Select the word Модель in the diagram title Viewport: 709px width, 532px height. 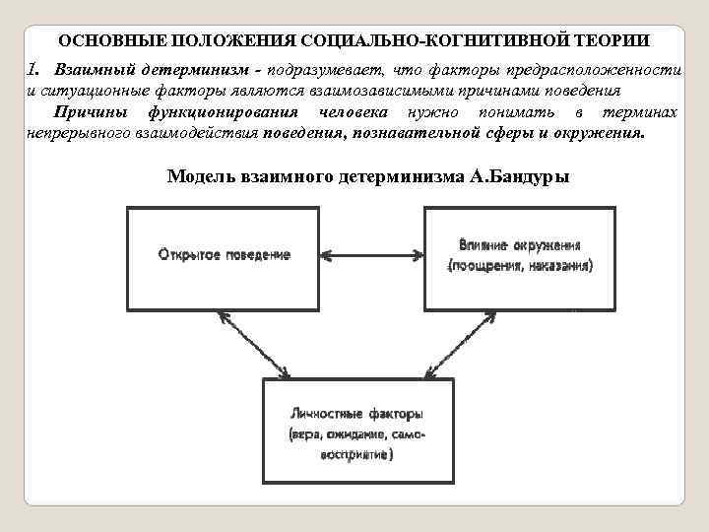[197, 177]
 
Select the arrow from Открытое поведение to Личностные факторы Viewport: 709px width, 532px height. [255, 345]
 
